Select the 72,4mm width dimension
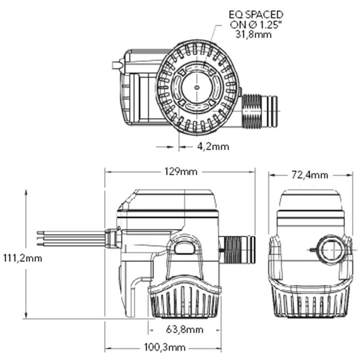point(309,175)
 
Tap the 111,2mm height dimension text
point(22,258)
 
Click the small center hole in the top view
point(196,88)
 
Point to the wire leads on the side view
point(67,238)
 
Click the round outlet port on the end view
point(333,249)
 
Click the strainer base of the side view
point(184,303)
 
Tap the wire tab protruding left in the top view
point(117,66)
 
